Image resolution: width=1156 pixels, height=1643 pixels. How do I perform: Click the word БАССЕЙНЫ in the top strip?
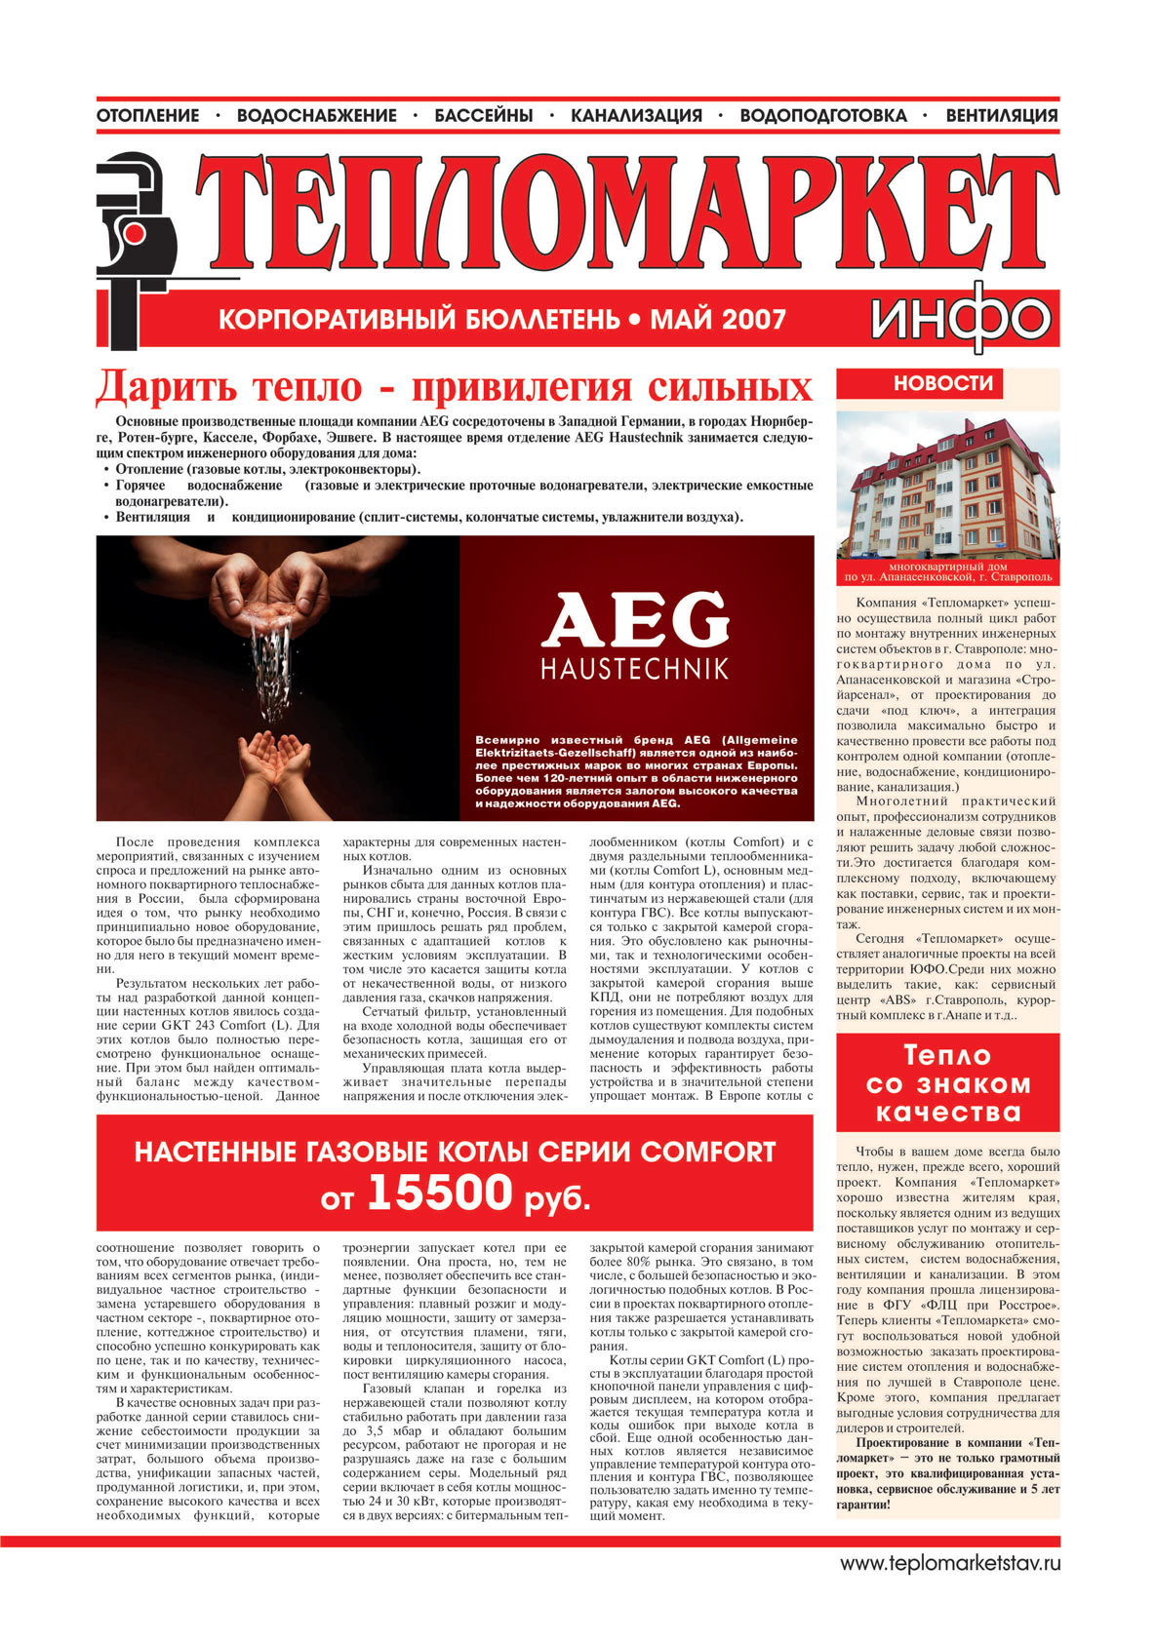pos(484,116)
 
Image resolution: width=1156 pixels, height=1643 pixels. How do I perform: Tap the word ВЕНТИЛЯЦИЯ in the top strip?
pos(1002,116)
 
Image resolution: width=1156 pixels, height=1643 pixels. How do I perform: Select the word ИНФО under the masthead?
pos(960,319)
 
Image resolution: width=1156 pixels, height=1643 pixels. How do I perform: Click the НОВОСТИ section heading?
pos(943,383)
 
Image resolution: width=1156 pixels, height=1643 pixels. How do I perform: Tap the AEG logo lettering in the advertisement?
pos(635,620)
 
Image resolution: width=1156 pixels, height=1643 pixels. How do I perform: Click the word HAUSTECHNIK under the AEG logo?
pos(634,670)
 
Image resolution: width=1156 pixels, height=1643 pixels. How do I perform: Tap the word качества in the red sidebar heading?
pos(947,1113)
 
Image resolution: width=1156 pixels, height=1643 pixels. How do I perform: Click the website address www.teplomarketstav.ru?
pos(950,1563)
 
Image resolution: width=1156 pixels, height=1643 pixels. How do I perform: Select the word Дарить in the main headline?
pos(167,387)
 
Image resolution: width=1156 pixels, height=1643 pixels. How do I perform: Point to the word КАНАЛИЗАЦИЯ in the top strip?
pos(636,116)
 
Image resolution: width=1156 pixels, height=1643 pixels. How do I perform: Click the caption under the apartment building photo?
pos(947,571)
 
